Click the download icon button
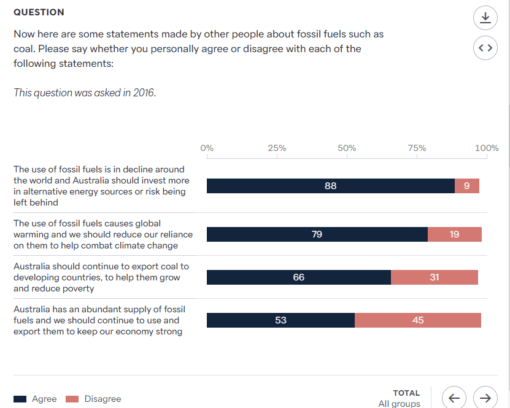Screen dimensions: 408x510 click(x=485, y=18)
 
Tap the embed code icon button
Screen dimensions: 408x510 click(x=485, y=48)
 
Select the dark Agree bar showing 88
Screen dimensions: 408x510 click(x=330, y=186)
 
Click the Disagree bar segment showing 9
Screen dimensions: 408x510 click(x=467, y=186)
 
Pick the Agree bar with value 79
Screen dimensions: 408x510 click(x=317, y=234)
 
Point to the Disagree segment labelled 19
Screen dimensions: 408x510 click(x=454, y=234)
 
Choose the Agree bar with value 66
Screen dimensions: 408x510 click(x=298, y=277)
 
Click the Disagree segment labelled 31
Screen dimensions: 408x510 click(x=434, y=277)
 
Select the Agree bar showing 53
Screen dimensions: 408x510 click(x=280, y=320)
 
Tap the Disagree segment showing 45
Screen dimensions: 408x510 click(x=418, y=320)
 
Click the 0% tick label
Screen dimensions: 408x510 click(x=207, y=148)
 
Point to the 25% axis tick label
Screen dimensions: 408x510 click(x=277, y=148)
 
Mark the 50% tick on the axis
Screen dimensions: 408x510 click(x=347, y=148)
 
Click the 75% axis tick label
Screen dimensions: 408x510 click(x=417, y=148)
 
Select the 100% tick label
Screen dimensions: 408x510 click(x=487, y=148)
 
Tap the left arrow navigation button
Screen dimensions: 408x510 click(x=454, y=398)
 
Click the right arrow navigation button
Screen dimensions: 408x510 click(x=485, y=398)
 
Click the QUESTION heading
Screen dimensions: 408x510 click(x=39, y=12)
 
